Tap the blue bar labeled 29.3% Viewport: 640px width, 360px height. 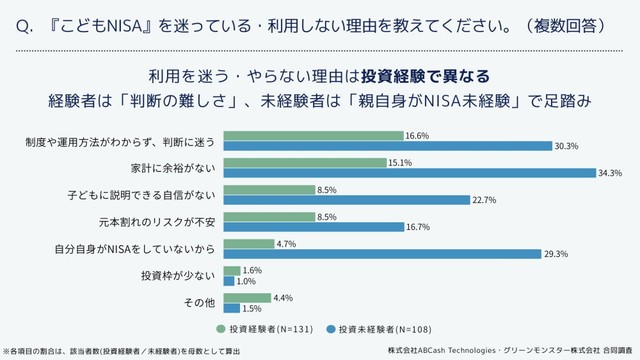click(x=383, y=253)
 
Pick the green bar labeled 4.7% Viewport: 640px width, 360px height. click(x=248, y=242)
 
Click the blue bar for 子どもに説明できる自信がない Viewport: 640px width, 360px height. click(x=347, y=199)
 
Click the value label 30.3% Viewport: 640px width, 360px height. click(x=568, y=146)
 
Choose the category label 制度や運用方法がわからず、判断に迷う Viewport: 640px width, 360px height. click(x=121, y=139)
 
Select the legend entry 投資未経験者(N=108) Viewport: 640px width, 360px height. click(x=382, y=327)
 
